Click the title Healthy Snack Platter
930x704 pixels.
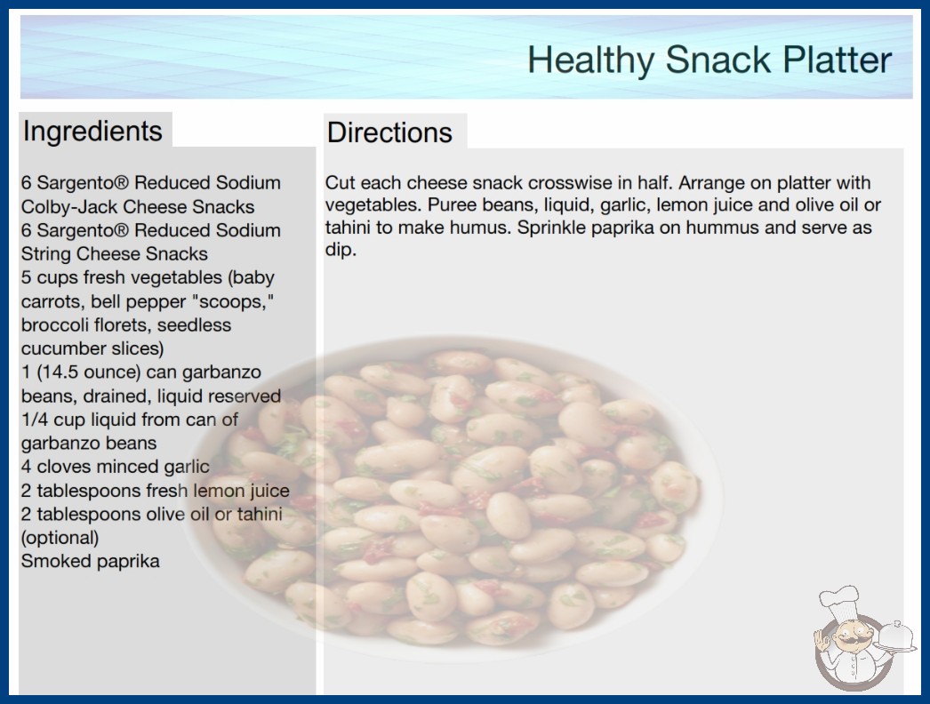tap(710, 60)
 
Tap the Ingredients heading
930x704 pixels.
tap(92, 131)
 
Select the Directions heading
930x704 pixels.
tap(389, 132)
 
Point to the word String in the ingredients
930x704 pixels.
tap(46, 254)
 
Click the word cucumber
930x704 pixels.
tap(60, 348)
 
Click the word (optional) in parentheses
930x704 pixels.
tap(60, 538)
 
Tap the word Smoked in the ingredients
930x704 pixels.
tap(49, 561)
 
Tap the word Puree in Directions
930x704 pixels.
tap(448, 205)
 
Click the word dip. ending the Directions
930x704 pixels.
tap(341, 250)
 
